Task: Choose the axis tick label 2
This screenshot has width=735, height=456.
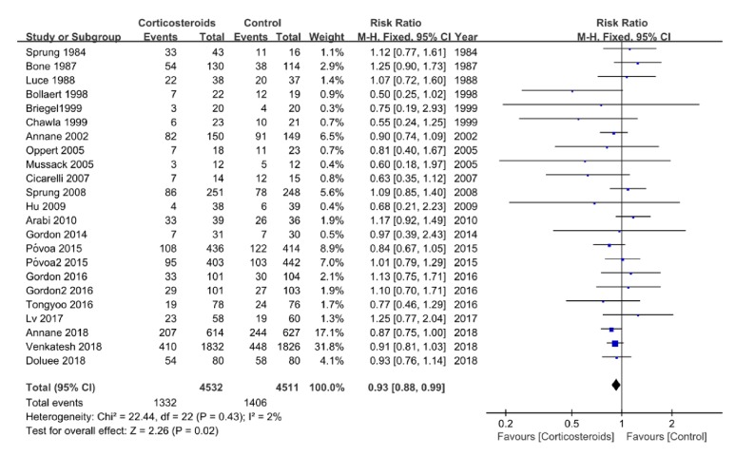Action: tap(671, 423)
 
